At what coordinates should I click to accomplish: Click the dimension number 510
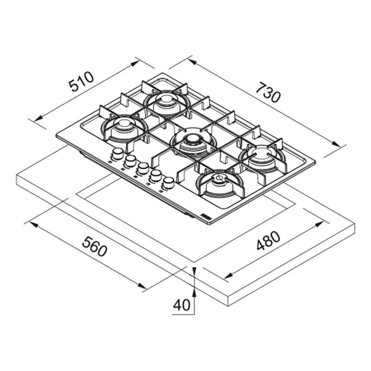81,81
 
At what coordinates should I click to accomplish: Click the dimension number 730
269,92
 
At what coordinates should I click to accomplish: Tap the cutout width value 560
95,246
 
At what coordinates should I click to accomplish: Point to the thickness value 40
182,305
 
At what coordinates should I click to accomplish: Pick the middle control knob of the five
143,168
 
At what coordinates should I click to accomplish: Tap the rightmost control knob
168,183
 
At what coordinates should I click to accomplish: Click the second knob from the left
130,160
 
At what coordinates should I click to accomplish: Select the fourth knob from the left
155,175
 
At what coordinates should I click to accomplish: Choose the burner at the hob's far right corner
262,156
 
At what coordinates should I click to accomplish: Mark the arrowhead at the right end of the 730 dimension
336,144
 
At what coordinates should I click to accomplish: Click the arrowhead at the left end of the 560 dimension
33,224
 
